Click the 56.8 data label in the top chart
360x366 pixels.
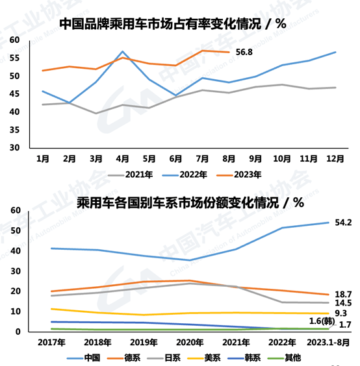pyautogui.click(x=244, y=53)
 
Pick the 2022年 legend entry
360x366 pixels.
pyautogui.click(x=192, y=174)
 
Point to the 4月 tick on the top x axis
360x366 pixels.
pyautogui.click(x=122, y=158)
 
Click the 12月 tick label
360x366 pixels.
pyautogui.click(x=335, y=158)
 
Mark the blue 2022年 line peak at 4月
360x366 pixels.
pyautogui.click(x=122, y=51)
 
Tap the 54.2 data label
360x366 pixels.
pyautogui.click(x=343, y=223)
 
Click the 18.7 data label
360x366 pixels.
pyautogui.click(x=343, y=294)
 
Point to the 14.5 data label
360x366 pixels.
pyautogui.click(x=343, y=303)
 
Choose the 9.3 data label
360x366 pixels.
pyautogui.click(x=341, y=313)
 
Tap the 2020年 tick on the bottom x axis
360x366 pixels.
pyautogui.click(x=188, y=341)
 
